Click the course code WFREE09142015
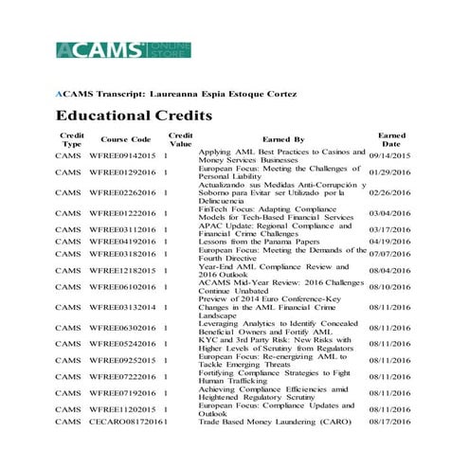pos(126,155)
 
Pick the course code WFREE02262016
pos(126,193)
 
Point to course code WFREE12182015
pos(126,270)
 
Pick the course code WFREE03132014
pos(126,307)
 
